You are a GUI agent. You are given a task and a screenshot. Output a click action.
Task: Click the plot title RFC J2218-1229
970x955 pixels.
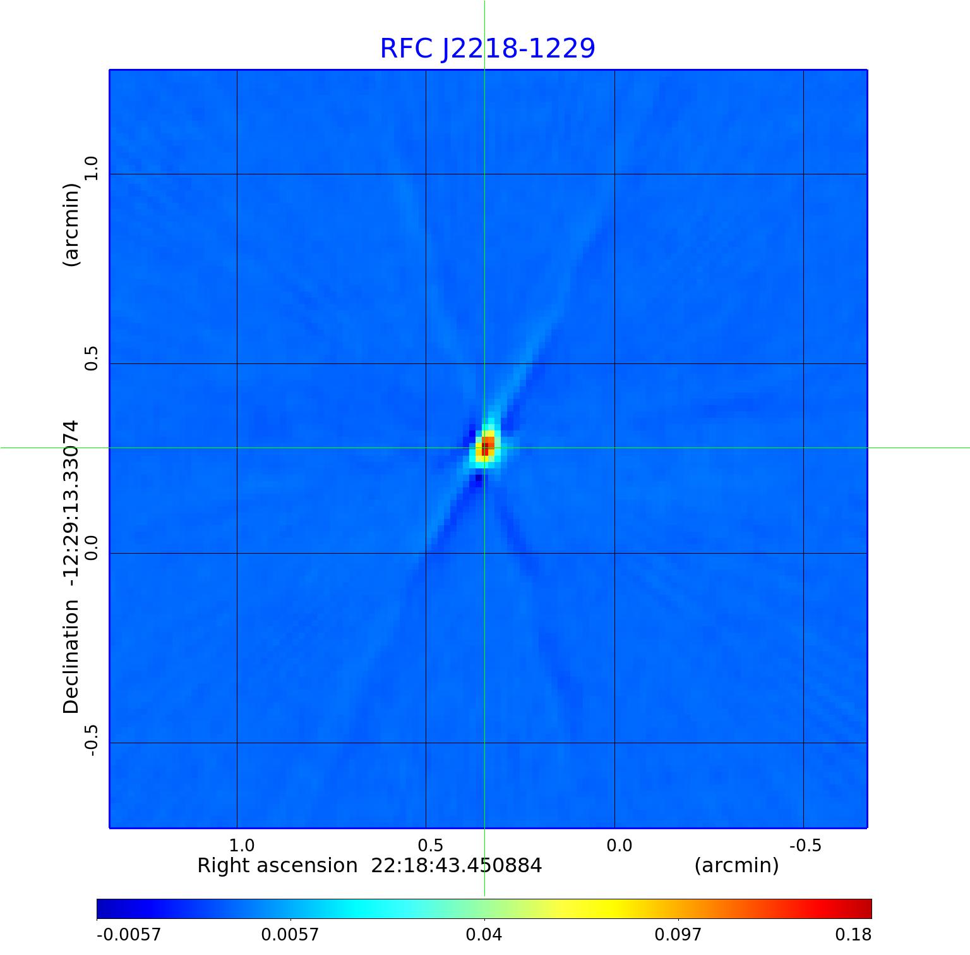coord(487,49)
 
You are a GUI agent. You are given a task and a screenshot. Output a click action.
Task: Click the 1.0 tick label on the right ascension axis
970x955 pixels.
coord(241,846)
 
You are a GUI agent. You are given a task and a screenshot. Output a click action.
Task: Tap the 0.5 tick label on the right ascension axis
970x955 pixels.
coord(430,846)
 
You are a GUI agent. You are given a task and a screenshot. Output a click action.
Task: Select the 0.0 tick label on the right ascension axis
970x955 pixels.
coord(619,846)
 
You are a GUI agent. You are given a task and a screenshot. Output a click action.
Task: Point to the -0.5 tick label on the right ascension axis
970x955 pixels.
coord(805,846)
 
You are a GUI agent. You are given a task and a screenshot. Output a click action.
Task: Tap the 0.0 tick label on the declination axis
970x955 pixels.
coord(92,548)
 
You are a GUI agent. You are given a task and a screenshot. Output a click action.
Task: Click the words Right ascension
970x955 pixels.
coord(277,865)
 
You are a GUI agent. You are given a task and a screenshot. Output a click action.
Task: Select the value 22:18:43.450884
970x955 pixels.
coord(456,865)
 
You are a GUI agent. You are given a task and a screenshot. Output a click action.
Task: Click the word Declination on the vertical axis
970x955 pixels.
coord(71,657)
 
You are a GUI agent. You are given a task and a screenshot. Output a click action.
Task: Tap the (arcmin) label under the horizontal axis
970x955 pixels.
coord(736,865)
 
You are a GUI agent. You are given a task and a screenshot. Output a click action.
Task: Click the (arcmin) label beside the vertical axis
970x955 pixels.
coord(71,225)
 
